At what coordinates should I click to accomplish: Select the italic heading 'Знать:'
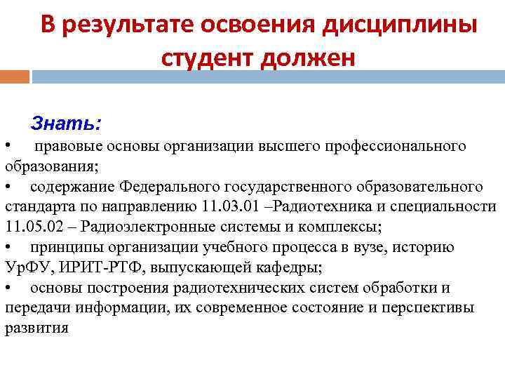pyautogui.click(x=66, y=124)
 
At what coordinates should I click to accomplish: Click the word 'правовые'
pyautogui.click(x=67, y=146)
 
